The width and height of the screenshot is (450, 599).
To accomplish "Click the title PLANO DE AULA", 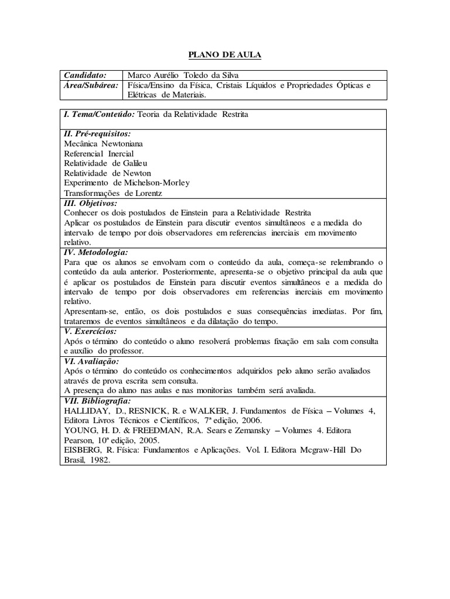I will pyautogui.click(x=224, y=55).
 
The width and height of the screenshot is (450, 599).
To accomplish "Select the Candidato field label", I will pyautogui.click(x=86, y=75).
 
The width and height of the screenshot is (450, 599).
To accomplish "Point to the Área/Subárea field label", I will pyautogui.click(x=91, y=85).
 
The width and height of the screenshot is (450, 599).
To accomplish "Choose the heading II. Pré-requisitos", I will pyautogui.click(x=97, y=133).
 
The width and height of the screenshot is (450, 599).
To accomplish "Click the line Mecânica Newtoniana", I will pyautogui.click(x=103, y=143).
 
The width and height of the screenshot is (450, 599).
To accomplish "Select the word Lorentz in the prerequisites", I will pyautogui.click(x=149, y=193).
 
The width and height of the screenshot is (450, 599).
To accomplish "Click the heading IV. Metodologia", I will pyautogui.click(x=96, y=252).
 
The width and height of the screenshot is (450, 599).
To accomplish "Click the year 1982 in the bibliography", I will pyautogui.click(x=99, y=460).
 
